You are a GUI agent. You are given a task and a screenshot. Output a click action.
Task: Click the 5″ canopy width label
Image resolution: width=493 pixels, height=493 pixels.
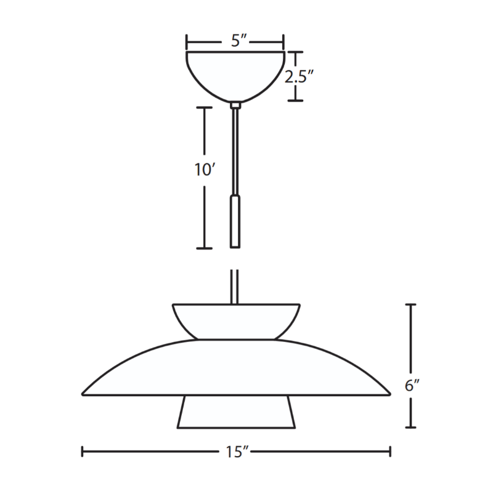238,41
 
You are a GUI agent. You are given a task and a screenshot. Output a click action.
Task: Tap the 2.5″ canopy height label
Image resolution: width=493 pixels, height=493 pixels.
299,76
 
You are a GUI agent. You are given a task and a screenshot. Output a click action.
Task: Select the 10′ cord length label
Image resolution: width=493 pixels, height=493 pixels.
205,170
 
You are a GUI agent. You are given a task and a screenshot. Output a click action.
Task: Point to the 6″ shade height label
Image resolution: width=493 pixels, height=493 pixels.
412,385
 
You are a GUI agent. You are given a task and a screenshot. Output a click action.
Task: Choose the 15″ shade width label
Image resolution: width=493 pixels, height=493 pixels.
237,452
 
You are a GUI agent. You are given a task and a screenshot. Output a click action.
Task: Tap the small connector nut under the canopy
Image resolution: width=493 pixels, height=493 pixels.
235,105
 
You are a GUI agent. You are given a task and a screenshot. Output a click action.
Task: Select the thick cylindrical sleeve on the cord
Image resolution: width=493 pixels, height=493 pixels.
235,221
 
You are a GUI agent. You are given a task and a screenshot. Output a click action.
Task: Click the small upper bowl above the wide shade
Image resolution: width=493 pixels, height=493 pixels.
236,322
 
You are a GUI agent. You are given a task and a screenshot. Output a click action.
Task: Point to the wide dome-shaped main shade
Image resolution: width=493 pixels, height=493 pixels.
236,367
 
